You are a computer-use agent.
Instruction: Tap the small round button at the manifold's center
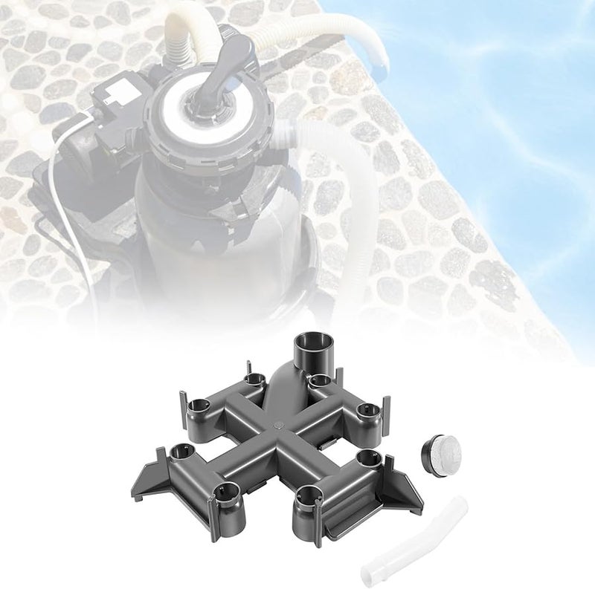point(276,427)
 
